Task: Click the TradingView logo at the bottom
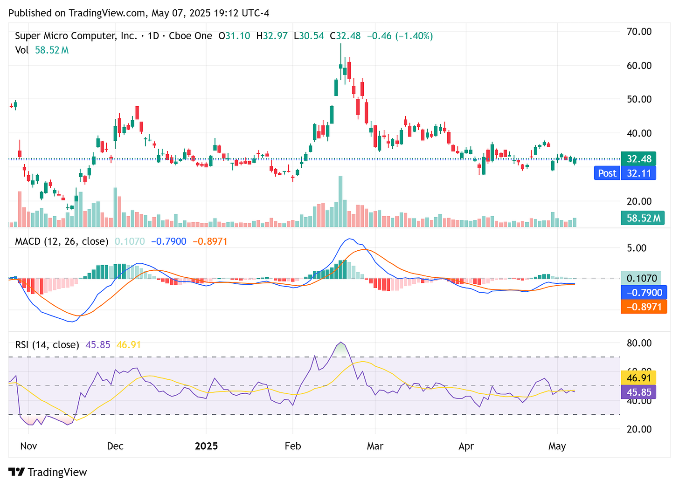[48, 472]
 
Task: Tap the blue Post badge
[607, 173]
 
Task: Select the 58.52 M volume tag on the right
[643, 218]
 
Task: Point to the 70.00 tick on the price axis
[638, 32]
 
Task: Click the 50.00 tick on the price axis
[638, 99]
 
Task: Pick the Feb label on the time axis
[292, 446]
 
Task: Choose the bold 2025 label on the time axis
[206, 446]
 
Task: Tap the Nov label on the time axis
[28, 446]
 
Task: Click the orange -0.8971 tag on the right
[644, 307]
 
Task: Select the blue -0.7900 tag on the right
[644, 293]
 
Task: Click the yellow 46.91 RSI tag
[638, 377]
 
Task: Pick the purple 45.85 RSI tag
[638, 392]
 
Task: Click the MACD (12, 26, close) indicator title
[62, 241]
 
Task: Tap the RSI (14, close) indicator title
[47, 345]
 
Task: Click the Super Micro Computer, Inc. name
[76, 36]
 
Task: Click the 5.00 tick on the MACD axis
[637, 248]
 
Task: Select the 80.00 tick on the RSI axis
[638, 343]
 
